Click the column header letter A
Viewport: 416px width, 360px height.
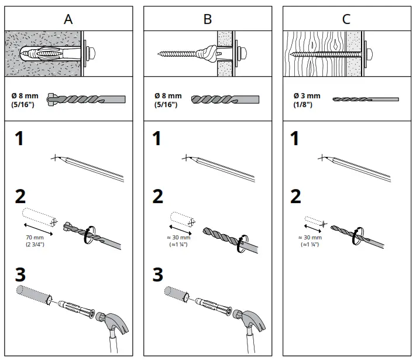pos(69,19)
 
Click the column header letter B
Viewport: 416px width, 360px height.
pos(208,19)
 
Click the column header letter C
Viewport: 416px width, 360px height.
pos(346,19)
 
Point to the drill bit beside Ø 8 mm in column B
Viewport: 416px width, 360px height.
pos(225,99)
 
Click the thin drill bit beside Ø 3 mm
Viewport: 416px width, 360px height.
pos(365,100)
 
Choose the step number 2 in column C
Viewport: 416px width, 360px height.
pos(296,197)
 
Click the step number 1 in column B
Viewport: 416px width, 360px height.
pos(157,139)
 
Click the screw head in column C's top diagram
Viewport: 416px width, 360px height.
pos(370,53)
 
